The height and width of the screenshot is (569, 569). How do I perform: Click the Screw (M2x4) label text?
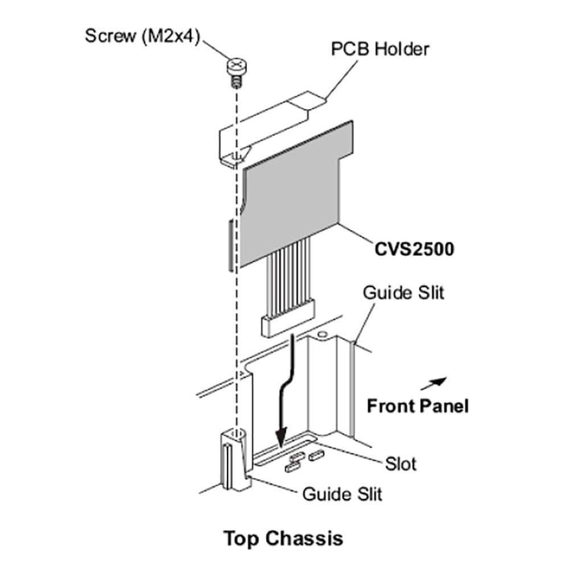click(x=142, y=35)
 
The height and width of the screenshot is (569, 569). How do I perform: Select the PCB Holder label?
click(x=380, y=49)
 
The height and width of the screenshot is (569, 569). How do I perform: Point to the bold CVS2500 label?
click(x=414, y=249)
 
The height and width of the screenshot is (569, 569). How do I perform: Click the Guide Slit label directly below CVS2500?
click(x=403, y=293)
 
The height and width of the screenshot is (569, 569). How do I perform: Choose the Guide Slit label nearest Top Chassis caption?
click(x=342, y=493)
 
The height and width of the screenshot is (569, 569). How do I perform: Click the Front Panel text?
click(x=418, y=406)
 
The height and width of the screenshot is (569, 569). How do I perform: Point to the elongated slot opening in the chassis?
click(x=284, y=452)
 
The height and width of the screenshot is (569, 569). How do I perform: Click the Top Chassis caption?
click(x=283, y=538)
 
